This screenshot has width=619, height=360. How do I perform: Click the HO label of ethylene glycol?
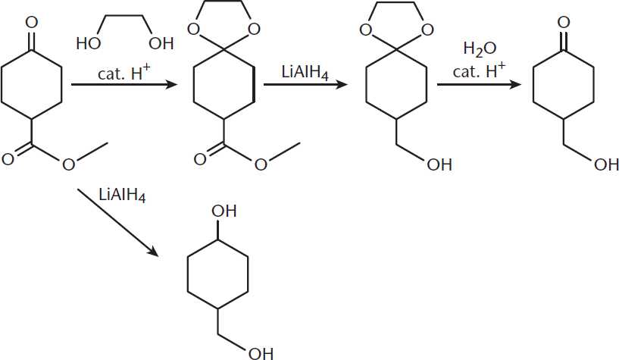click(x=88, y=43)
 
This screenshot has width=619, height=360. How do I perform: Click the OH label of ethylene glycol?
click(x=161, y=43)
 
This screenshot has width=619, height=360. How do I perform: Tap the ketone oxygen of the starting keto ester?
click(x=32, y=22)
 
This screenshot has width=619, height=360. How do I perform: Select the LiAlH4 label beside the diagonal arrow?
click(x=122, y=195)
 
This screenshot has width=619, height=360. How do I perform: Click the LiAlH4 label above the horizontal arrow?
click(x=305, y=73)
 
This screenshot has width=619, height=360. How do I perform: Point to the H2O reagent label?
click(x=480, y=49)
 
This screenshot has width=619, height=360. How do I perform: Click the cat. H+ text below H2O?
click(x=479, y=70)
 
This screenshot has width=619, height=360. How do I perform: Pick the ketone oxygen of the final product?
click(x=564, y=22)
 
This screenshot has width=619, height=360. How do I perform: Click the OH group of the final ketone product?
click(x=606, y=164)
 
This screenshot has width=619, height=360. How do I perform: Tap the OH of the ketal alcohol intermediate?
click(x=439, y=164)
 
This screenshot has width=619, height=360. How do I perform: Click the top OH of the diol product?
click(x=224, y=211)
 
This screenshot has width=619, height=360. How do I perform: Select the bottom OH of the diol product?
click(x=261, y=353)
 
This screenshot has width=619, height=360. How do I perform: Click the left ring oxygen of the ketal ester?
click(x=193, y=29)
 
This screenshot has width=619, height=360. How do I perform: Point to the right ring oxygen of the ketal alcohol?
click(x=427, y=30)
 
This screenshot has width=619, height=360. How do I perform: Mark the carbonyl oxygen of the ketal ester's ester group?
click(x=200, y=159)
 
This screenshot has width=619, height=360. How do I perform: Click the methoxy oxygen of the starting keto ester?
click(x=68, y=164)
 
